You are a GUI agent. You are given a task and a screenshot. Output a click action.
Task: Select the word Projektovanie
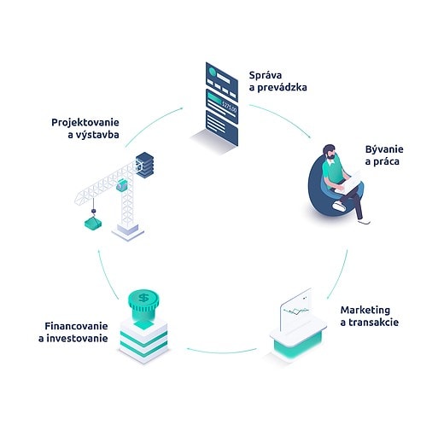85,123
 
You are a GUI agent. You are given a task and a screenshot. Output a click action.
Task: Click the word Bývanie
384,150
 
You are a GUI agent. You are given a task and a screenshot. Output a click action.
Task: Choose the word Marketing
365,311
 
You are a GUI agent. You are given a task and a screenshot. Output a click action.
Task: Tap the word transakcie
373,323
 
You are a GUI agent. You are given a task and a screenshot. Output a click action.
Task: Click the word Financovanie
76,326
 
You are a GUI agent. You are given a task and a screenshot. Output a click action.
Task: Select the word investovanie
77,339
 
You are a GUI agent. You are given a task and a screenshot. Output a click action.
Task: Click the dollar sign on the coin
143,298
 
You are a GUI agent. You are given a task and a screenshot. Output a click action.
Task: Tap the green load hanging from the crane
93,223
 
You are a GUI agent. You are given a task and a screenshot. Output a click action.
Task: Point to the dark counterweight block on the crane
145,165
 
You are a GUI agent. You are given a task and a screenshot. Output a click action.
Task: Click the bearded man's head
329,152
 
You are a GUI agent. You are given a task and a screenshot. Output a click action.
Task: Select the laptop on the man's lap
351,182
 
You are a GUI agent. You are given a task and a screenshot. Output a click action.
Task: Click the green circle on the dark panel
213,72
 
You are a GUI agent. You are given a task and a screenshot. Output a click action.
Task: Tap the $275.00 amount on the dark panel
229,108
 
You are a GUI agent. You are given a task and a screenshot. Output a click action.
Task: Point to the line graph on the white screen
296,311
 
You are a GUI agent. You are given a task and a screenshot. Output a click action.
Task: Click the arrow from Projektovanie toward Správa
151,124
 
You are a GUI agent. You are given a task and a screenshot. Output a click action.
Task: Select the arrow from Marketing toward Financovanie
222,352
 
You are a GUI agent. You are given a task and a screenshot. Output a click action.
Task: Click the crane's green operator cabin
122,185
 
